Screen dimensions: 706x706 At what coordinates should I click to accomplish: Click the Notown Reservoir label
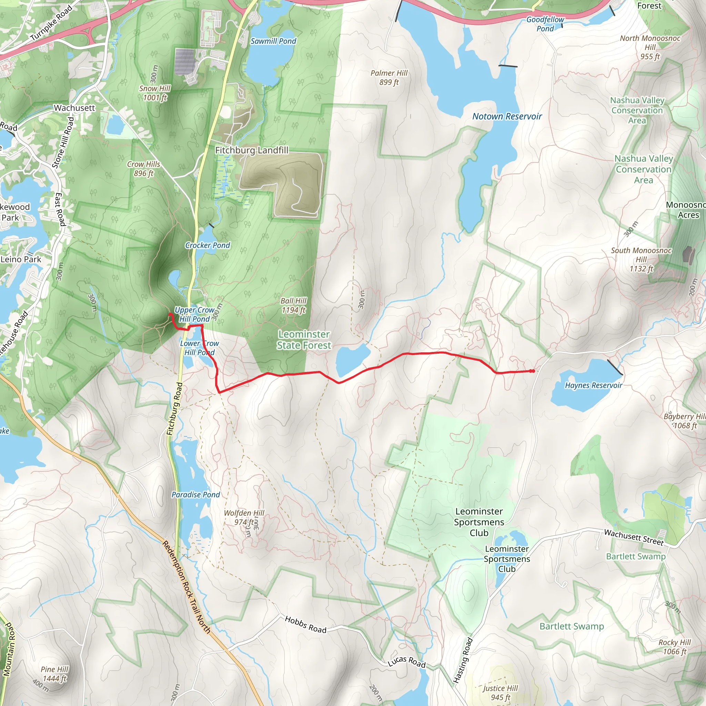pos(507,117)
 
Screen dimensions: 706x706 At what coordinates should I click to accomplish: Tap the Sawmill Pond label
pos(273,41)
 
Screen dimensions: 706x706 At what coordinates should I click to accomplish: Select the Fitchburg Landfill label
pos(251,150)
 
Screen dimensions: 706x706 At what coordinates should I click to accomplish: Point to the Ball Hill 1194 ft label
pos(294,305)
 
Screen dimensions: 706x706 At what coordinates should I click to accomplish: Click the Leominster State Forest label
pos(304,340)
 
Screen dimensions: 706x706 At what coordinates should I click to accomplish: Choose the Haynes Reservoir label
pos(594,385)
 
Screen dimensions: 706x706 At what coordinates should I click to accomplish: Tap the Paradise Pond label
pos(196,494)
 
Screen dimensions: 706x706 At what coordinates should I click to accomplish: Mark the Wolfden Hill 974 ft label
pos(244,517)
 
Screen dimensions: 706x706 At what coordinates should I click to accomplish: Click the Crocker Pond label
pos(208,245)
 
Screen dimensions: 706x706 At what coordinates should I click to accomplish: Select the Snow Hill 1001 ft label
pos(155,93)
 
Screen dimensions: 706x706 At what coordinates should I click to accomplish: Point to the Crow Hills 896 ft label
pos(144,169)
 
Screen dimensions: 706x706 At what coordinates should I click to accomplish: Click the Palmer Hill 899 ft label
pos(389,78)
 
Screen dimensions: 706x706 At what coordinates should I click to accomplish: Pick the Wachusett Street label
pos(634,537)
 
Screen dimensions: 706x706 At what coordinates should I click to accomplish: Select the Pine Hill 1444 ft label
pos(54,674)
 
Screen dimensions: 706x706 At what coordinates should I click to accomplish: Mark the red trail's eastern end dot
pos(533,371)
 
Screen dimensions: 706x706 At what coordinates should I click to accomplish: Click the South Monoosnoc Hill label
pos(641,260)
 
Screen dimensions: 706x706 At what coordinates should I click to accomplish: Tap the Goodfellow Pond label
pos(545,24)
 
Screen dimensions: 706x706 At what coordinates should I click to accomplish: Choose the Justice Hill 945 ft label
pos(500,693)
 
